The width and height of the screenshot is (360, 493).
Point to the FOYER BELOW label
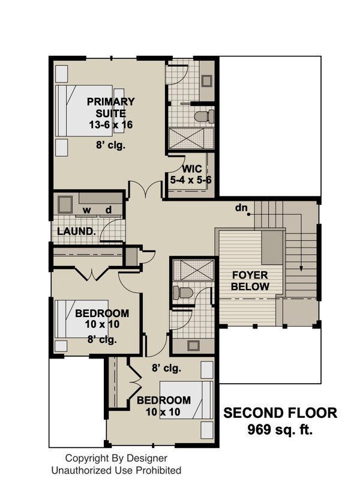(x=251, y=281)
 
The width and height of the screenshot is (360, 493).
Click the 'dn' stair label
(x=241, y=208)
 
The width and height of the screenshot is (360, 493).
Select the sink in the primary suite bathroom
(x=207, y=80)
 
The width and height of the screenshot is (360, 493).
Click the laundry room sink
(x=65, y=204)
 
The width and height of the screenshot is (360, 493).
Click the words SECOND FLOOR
(x=280, y=413)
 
